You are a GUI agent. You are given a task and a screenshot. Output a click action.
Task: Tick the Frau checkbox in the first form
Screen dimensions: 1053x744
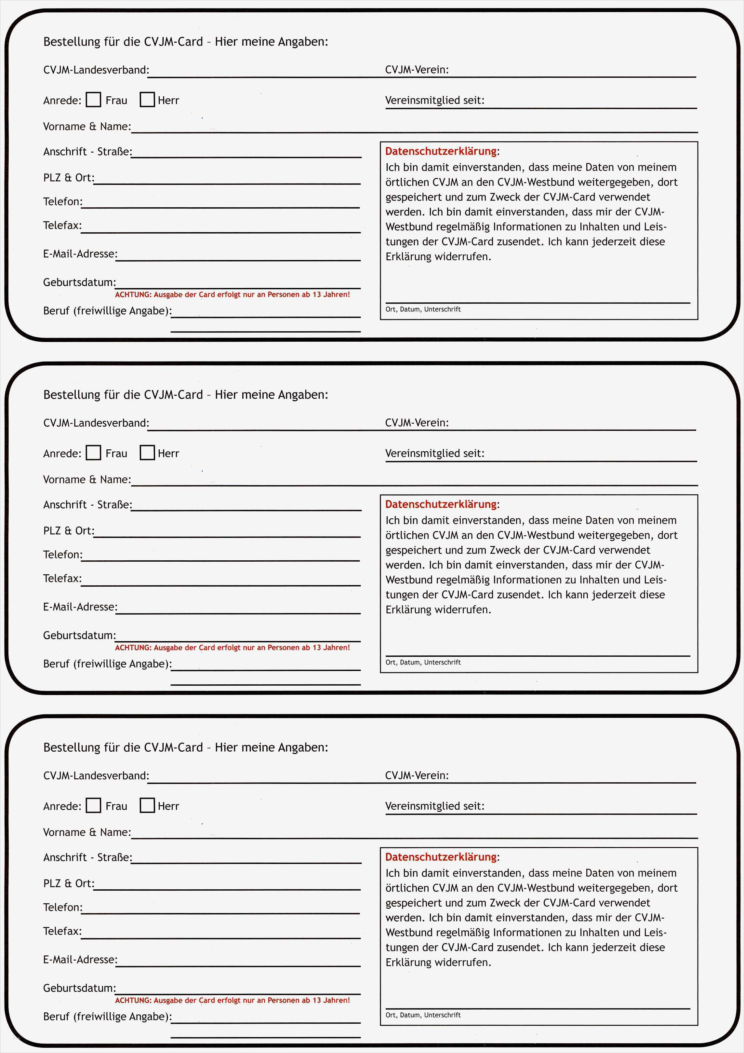click(x=94, y=100)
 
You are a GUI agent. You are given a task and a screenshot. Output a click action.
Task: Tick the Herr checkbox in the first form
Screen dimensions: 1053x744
click(x=147, y=100)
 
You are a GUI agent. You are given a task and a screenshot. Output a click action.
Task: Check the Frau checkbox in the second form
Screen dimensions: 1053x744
click(x=94, y=453)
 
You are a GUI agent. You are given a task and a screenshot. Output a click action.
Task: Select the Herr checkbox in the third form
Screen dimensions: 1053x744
click(x=147, y=805)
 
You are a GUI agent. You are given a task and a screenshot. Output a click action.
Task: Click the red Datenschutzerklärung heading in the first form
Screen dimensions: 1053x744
click(x=441, y=151)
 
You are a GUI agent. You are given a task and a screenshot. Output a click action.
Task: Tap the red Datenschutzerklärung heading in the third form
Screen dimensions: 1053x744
click(x=441, y=857)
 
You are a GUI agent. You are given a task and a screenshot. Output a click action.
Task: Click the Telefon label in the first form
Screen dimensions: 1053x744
click(x=63, y=202)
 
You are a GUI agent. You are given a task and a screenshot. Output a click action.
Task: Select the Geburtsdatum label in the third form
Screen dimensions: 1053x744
click(x=79, y=988)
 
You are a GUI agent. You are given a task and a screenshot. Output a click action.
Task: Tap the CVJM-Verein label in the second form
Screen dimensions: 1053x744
click(x=417, y=422)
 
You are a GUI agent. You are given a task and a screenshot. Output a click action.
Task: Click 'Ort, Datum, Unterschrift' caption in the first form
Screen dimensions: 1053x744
click(x=423, y=309)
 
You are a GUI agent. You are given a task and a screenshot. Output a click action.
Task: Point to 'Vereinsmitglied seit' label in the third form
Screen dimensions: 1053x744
click(x=434, y=806)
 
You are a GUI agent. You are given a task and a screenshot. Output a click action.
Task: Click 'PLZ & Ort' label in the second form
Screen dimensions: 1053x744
click(x=69, y=531)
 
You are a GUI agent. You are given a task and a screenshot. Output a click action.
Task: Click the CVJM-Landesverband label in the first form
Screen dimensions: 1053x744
click(x=96, y=70)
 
